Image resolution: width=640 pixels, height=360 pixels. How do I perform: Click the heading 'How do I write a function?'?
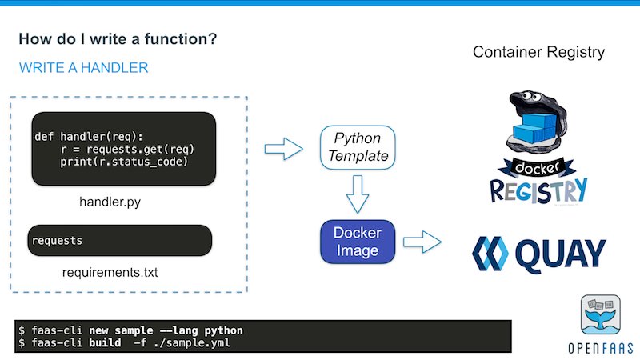117,39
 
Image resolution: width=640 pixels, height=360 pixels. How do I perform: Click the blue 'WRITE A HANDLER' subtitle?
83,68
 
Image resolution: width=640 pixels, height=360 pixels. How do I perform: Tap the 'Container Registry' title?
538,53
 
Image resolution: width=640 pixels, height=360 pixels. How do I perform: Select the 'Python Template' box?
357,147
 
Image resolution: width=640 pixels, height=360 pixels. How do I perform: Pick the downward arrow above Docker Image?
357,194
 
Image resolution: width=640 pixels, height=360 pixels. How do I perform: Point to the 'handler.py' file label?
110,202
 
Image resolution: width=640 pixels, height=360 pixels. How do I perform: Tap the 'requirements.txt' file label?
110,273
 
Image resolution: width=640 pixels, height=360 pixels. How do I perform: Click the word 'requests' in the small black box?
58,240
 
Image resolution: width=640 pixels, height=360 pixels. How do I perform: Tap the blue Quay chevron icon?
490,254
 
